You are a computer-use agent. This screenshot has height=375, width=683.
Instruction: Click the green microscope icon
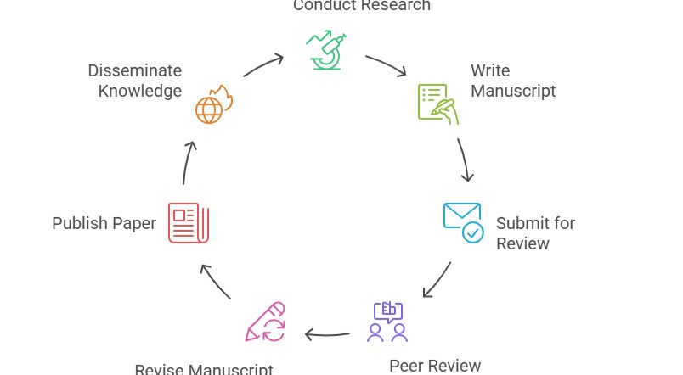[326, 50]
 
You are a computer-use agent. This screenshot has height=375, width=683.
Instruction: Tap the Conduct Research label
[361, 6]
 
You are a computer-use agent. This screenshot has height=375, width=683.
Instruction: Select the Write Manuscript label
[513, 81]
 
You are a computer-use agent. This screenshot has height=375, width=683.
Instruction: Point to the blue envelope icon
[463, 222]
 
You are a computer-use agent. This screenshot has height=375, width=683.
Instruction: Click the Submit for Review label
[535, 233]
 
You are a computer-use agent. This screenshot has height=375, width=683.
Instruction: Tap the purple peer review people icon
[387, 322]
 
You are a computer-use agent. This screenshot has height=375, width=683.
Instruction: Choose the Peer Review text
[435, 365]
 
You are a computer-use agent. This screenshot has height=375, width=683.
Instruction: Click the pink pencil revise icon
[265, 322]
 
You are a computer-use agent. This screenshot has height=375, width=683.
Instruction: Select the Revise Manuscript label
[204, 369]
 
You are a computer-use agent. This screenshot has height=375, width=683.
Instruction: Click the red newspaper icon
[189, 223]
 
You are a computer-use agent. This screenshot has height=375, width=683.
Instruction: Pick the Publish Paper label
[104, 223]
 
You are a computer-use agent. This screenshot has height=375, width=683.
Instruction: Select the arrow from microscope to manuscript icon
[387, 66]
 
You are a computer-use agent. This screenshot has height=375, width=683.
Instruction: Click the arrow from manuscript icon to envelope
[464, 160]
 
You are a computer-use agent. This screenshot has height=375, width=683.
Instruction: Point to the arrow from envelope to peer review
[437, 280]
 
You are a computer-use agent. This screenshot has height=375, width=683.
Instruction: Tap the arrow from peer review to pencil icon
[327, 334]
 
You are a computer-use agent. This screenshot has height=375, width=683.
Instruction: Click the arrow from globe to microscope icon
[263, 65]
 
